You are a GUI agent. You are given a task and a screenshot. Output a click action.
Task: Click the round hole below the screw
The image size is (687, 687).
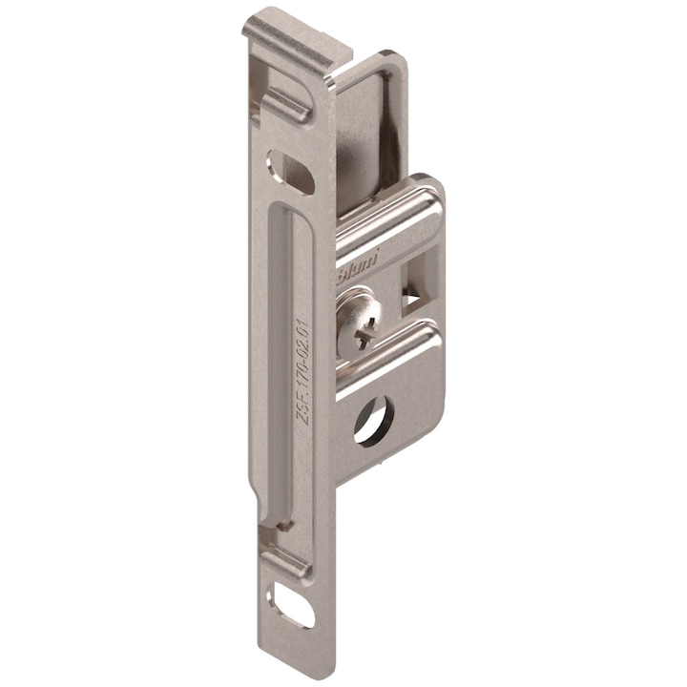pyautogui.click(x=373, y=419)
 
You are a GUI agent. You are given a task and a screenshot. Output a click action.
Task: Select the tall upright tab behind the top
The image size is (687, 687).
pyautogui.click(x=367, y=134)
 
